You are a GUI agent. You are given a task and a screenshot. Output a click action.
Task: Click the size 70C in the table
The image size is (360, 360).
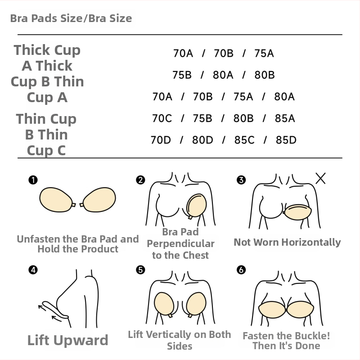(x=162, y=118)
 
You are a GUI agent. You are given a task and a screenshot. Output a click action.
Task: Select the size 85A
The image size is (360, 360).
(x=285, y=118)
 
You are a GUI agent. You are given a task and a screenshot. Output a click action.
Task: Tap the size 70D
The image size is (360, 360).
(x=161, y=140)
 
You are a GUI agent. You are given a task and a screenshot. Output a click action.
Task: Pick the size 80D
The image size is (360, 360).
(x=202, y=140)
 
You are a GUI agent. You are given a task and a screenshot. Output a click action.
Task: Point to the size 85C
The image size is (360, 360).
(x=244, y=140)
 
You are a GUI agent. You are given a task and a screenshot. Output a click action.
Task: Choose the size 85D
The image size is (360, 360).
(x=286, y=140)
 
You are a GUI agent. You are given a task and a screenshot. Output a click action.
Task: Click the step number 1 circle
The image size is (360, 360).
(x=33, y=180)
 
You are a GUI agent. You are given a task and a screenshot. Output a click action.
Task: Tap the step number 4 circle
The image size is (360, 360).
(x=33, y=270)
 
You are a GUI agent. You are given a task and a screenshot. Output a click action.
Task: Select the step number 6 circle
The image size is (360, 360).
(x=241, y=270)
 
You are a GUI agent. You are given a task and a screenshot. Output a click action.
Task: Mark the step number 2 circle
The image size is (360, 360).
(x=140, y=180)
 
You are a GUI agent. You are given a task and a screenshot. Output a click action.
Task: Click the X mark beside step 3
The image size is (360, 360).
(x=320, y=178)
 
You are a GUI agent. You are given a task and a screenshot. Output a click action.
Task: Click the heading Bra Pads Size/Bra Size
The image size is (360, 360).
(x=71, y=18)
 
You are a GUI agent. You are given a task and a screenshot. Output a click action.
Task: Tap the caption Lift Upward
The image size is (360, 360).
(x=68, y=340)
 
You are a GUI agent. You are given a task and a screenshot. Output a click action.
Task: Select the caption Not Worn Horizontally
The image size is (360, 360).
(x=287, y=243)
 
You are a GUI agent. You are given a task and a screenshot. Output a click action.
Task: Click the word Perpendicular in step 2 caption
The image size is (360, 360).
(x=181, y=244)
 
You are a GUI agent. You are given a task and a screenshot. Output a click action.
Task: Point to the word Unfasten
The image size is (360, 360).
(x=38, y=239)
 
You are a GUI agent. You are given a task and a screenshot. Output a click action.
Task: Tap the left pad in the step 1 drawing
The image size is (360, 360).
(x=56, y=199)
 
